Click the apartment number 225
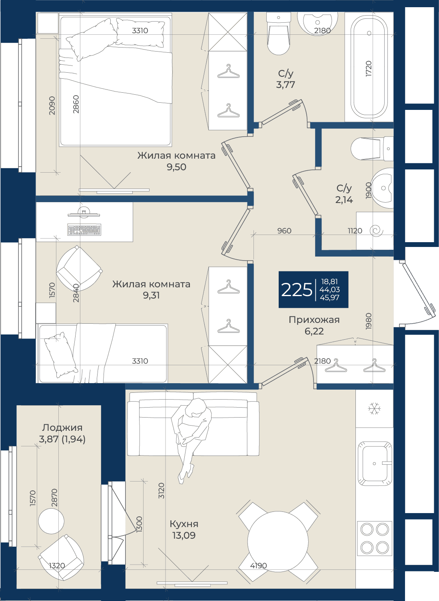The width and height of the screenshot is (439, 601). point(296,290)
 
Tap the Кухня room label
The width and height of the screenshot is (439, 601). point(184,524)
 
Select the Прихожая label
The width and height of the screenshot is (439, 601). point(314,320)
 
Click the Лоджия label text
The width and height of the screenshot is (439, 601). point(62,428)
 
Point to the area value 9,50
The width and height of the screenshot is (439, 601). point(176,167)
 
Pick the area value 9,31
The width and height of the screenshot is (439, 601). point(151,295)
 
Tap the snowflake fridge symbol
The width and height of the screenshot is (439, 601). point(375,408)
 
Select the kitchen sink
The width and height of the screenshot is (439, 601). point(374,464)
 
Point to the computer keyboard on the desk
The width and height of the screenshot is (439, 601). point(84,230)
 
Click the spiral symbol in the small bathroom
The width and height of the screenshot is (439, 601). point(377,231)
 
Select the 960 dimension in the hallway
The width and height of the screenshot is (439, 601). point(284,231)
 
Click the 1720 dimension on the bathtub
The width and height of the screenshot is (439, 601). point(369,69)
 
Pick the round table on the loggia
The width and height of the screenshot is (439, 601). point(51,521)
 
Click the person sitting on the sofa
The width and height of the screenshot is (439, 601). point(192,440)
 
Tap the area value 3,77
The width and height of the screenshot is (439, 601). point(285,85)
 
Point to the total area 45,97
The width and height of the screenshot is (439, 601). point(329,297)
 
